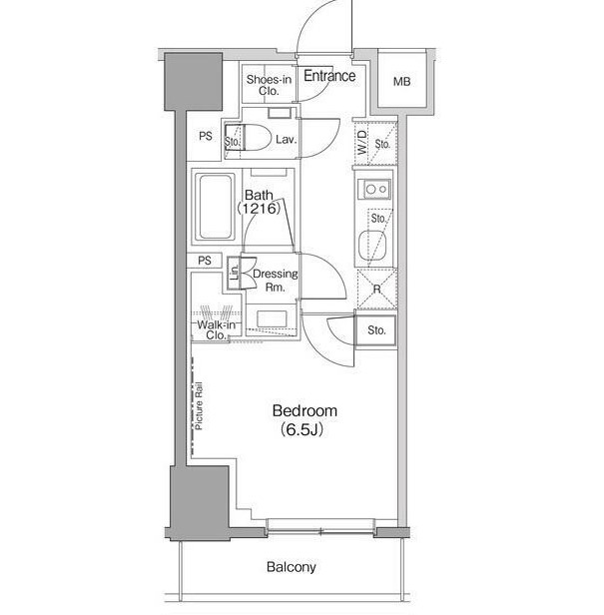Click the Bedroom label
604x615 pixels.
coord(304,411)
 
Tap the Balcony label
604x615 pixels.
coord(292,567)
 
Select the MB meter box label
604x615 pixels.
coord(402,82)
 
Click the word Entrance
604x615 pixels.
coord(329,76)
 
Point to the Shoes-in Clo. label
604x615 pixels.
coord(269,85)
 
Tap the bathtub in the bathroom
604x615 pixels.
coord(215,207)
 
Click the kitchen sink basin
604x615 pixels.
coord(372,246)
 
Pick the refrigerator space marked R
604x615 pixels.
coord(376,290)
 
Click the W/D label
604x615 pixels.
coord(362,143)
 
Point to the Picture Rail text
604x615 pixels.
coord(199,406)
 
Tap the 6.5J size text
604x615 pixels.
coord(302,430)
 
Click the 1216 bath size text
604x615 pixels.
coord(259,209)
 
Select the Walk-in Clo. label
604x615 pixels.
coord(216,329)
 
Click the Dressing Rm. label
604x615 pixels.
coord(275,280)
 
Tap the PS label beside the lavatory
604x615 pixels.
coord(206,136)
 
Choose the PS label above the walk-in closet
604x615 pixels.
coord(205,261)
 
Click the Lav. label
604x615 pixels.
coord(286,139)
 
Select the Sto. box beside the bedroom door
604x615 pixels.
coord(376,330)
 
